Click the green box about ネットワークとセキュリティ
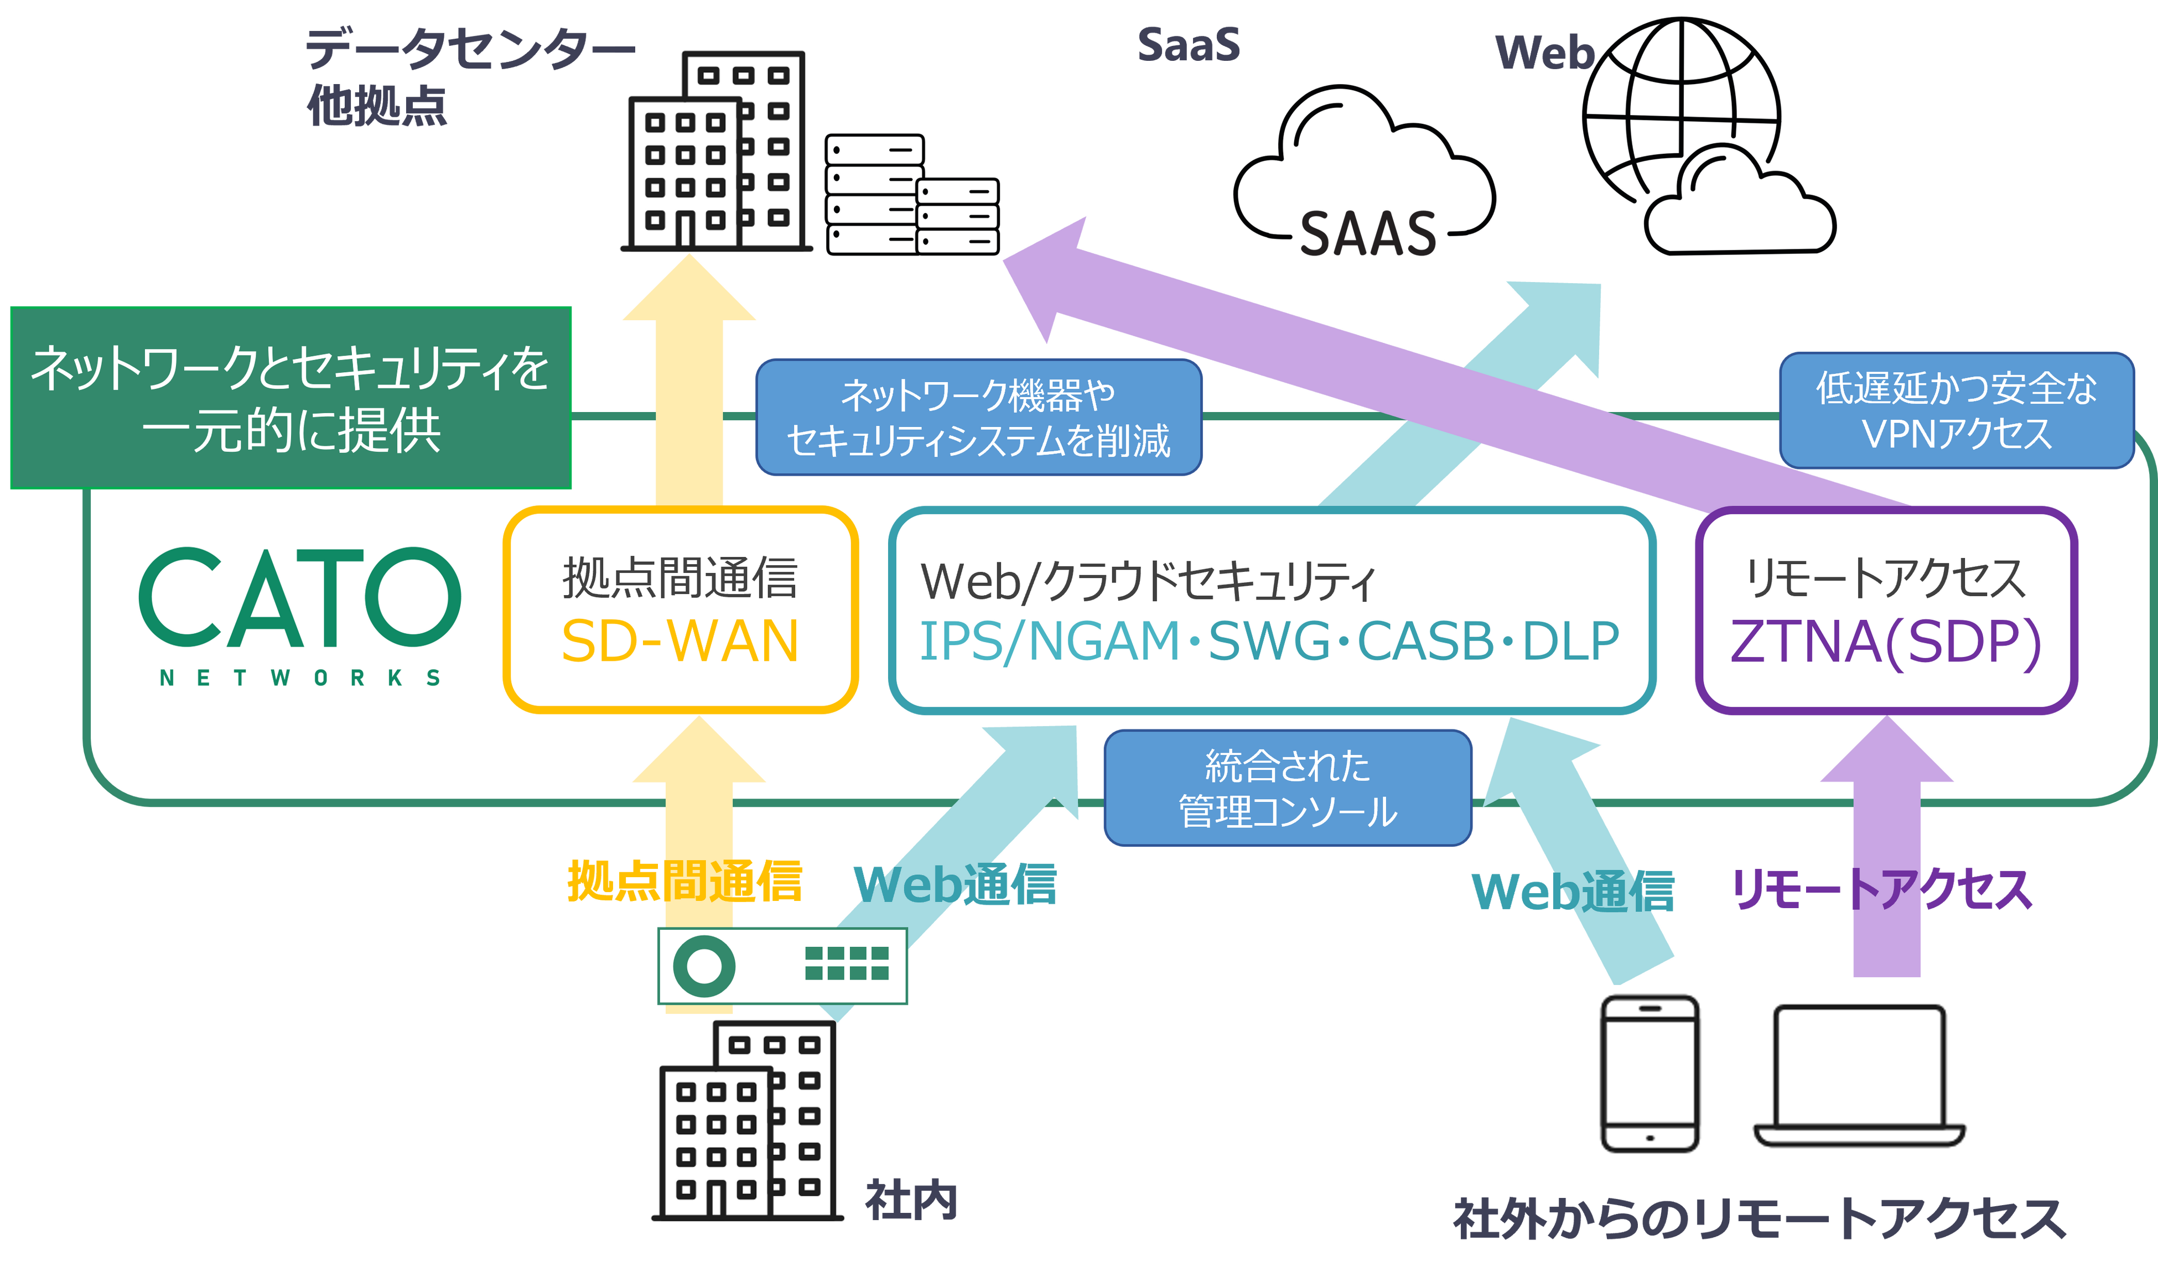tap(290, 398)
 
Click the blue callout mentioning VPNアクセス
tap(1956, 410)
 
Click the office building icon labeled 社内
tap(749, 1119)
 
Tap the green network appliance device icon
tap(782, 966)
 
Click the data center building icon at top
tap(719, 149)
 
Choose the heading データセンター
tap(466, 49)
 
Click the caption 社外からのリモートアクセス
tap(1758, 1219)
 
